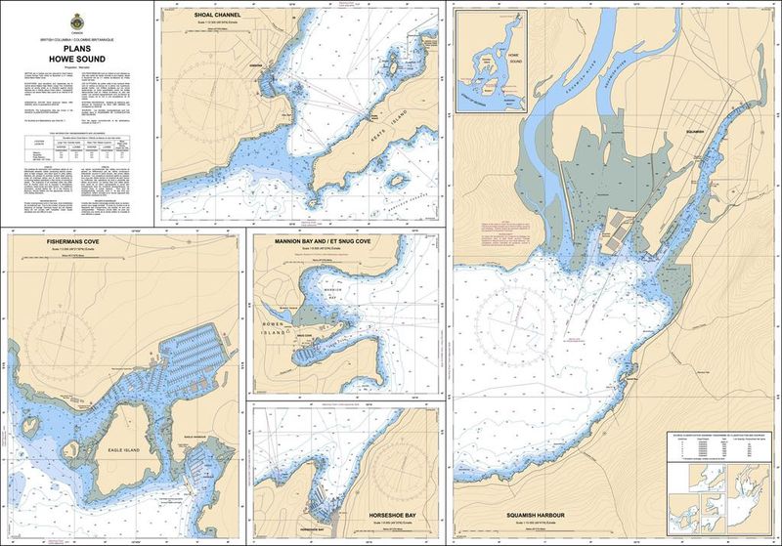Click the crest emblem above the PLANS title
[76, 21]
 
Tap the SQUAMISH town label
[695, 140]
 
